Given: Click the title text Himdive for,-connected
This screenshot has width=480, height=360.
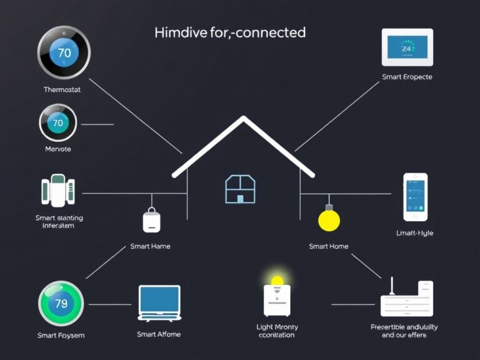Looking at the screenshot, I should (230, 32).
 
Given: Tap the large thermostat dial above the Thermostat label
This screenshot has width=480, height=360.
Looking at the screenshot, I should (64, 53).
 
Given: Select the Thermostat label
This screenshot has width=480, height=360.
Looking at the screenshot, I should (62, 89).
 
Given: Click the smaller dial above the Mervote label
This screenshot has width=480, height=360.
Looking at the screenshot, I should (58, 122).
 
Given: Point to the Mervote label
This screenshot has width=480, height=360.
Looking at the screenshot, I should (58, 149).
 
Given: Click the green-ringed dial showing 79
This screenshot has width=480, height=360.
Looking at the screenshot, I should (61, 304).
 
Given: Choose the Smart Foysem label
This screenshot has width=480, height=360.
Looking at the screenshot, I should (61, 336).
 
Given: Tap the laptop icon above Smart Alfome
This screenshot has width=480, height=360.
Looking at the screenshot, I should (159, 303).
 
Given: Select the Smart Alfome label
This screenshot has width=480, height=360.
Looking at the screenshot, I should (159, 334).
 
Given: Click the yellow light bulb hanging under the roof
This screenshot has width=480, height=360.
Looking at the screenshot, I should (329, 219).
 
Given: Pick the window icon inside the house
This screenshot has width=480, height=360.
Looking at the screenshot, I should (240, 189).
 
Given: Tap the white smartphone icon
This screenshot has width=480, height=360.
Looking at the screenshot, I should (415, 197).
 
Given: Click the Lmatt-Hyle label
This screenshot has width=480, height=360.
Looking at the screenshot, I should (414, 233).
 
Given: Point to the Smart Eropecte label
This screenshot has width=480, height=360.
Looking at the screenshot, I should (407, 77).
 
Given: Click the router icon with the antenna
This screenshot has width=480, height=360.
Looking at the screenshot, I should (407, 299).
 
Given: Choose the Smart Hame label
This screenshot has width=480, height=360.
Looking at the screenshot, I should (150, 246).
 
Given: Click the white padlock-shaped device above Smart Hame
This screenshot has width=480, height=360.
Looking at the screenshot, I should (152, 220).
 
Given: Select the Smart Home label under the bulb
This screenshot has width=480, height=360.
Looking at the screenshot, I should (329, 246).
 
